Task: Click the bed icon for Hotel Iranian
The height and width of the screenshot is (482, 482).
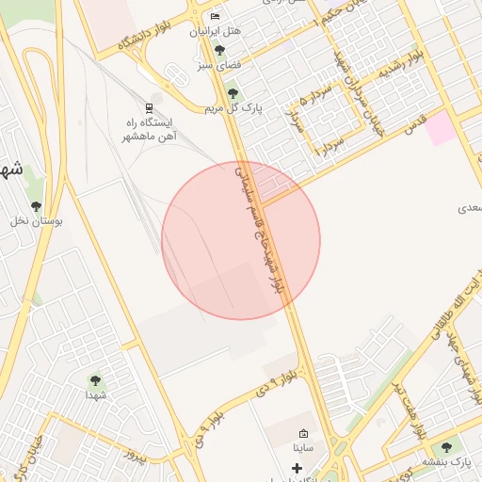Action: (x=216, y=17)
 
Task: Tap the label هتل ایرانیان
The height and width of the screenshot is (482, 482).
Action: (x=216, y=31)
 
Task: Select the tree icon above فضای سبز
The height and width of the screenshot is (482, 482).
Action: (x=219, y=50)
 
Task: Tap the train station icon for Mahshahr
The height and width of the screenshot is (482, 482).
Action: (x=149, y=107)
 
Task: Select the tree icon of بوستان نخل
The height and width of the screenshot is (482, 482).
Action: (x=37, y=206)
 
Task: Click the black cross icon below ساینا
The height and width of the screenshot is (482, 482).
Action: (x=297, y=467)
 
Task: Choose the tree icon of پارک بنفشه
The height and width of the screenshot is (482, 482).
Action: (x=446, y=447)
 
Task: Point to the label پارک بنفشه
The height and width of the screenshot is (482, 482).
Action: (x=452, y=463)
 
